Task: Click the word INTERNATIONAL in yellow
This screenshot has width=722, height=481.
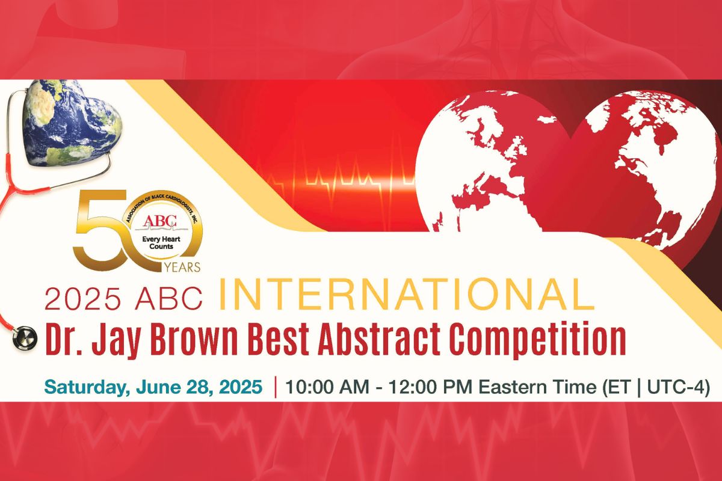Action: pyautogui.click(x=408, y=294)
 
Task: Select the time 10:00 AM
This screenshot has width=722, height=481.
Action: pyautogui.click(x=327, y=387)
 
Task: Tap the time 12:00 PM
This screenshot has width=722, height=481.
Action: pyautogui.click(x=430, y=387)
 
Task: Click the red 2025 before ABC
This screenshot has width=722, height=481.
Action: pyautogui.click(x=83, y=298)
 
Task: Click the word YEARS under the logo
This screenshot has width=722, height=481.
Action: pyautogui.click(x=182, y=267)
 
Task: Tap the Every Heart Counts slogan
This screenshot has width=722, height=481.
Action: pyautogui.click(x=161, y=243)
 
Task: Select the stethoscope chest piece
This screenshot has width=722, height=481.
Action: pyautogui.click(x=25, y=337)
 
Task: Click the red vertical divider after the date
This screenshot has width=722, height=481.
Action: pyautogui.click(x=276, y=387)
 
